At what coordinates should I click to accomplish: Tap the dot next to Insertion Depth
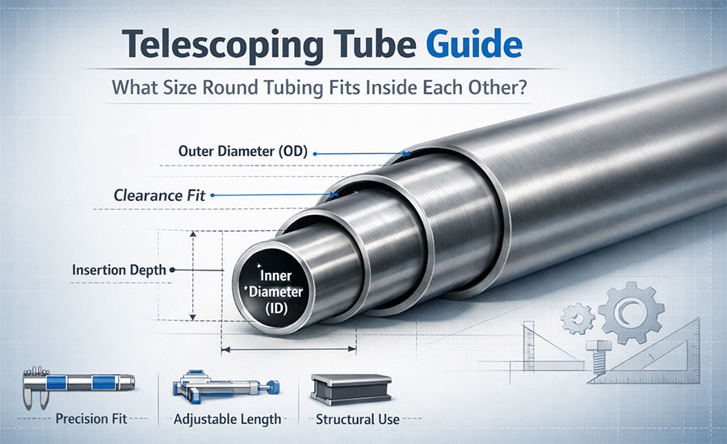(172, 270)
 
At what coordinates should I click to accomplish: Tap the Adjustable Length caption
(229, 419)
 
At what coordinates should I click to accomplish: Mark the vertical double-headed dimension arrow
(193, 274)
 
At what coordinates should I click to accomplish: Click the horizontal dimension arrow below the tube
(288, 350)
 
